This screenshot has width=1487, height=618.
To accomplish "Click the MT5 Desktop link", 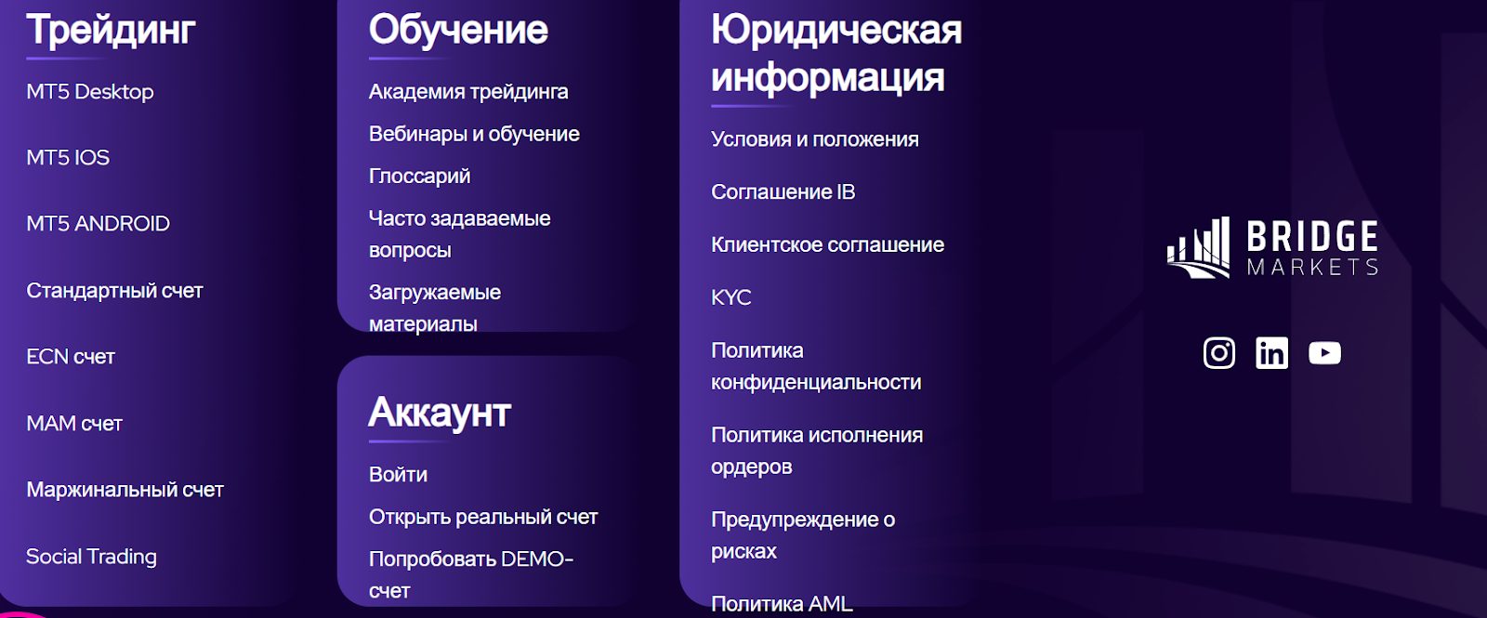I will (x=90, y=92).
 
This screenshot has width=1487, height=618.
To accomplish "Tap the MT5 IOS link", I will (x=68, y=158).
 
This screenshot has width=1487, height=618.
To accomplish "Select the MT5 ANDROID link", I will (x=98, y=224).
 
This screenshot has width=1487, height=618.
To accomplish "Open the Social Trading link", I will (x=91, y=557).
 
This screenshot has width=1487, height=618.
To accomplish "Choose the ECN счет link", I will (x=71, y=357).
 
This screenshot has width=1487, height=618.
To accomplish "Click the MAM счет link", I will (x=74, y=424).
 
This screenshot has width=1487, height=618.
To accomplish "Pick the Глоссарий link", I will (x=419, y=177).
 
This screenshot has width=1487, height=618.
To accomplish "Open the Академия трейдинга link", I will (x=468, y=92).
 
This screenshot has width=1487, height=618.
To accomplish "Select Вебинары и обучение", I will (x=474, y=134).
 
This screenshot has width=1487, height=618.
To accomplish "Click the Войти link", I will (x=398, y=475).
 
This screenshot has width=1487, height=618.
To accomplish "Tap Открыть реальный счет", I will (x=483, y=517).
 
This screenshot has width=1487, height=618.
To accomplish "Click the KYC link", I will (x=730, y=298).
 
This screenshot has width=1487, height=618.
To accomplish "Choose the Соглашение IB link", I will (x=783, y=192).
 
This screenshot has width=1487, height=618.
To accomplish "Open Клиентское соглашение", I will (x=827, y=245).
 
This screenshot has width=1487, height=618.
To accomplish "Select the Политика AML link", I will (x=782, y=604).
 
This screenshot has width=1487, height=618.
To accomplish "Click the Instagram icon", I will (x=1219, y=353).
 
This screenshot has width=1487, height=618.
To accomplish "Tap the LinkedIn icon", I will (x=1271, y=353).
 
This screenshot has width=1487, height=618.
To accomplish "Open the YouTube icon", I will (x=1324, y=353).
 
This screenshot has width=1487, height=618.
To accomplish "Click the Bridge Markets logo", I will (x=1272, y=248).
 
